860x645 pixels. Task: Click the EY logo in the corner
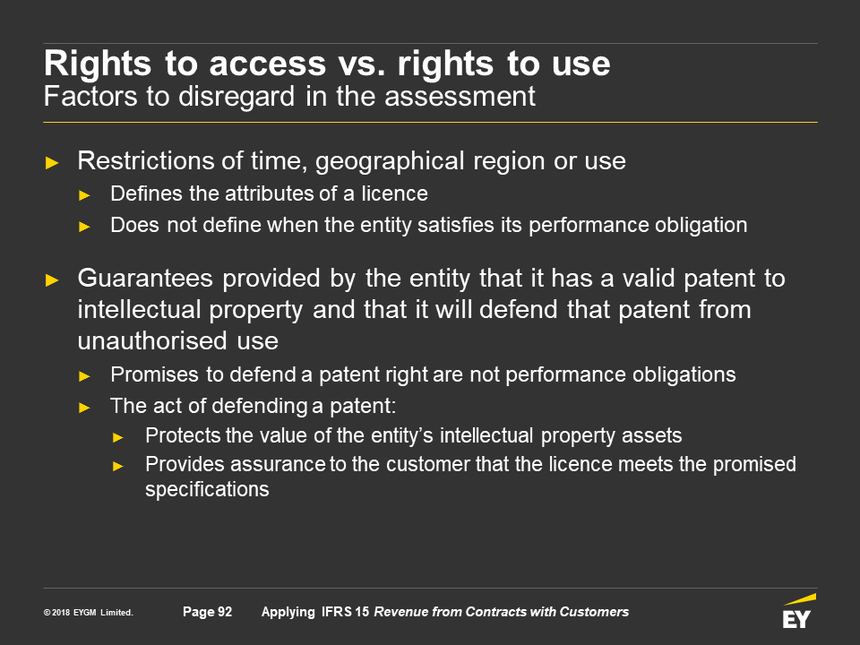[x=798, y=611]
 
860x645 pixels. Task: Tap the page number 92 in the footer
[x=225, y=612]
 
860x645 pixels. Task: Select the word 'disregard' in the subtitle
[x=236, y=97]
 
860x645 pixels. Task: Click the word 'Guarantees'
[x=145, y=278]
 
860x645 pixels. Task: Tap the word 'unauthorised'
[x=152, y=340]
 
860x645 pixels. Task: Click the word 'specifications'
[x=207, y=490]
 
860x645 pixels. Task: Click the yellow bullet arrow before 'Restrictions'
[x=52, y=163]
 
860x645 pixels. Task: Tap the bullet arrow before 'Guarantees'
[x=52, y=280]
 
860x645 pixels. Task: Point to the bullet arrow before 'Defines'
[x=84, y=195]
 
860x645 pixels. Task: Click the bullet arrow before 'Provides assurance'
[x=118, y=466]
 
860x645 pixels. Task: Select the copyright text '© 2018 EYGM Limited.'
[x=89, y=613]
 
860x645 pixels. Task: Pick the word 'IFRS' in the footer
[x=337, y=612]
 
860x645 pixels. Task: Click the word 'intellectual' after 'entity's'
[x=486, y=435]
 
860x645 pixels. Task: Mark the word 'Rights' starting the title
[x=98, y=64]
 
